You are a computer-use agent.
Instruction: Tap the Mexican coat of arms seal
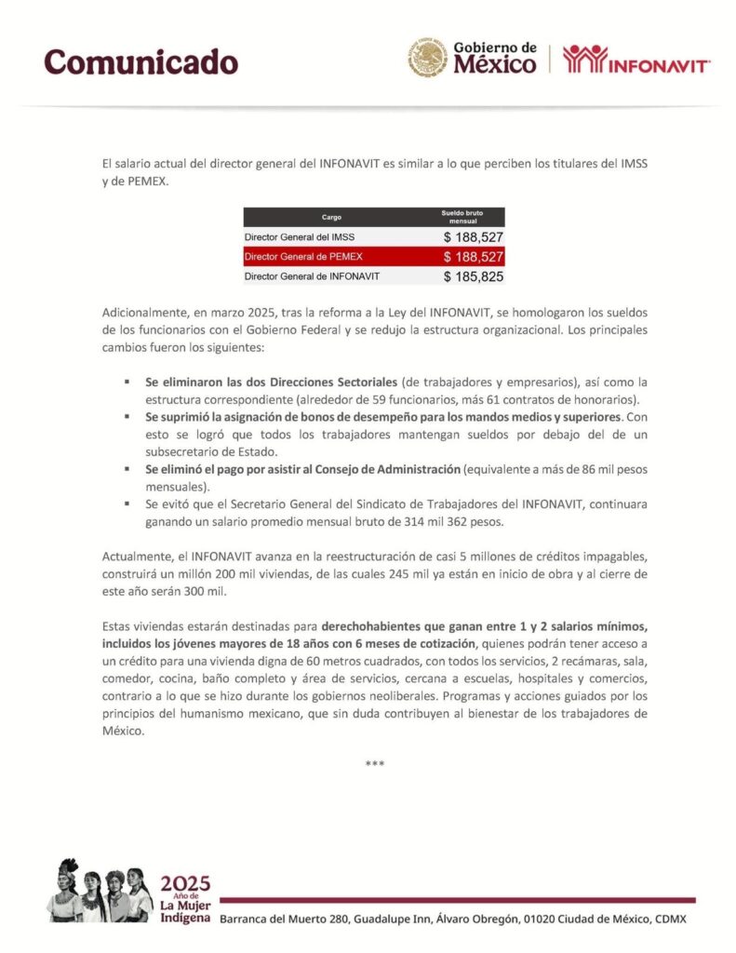pyautogui.click(x=427, y=58)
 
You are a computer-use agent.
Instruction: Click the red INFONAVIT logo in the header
pyautogui.click(x=637, y=59)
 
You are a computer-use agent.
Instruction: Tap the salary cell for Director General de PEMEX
pyautogui.click(x=473, y=257)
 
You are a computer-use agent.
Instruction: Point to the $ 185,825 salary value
pyautogui.click(x=473, y=276)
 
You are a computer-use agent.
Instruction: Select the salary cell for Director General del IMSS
pyautogui.click(x=473, y=237)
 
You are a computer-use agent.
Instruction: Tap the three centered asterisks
pyautogui.click(x=374, y=764)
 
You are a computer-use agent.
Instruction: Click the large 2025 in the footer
pyautogui.click(x=185, y=883)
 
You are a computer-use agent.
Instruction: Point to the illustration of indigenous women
pyautogui.click(x=100, y=890)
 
